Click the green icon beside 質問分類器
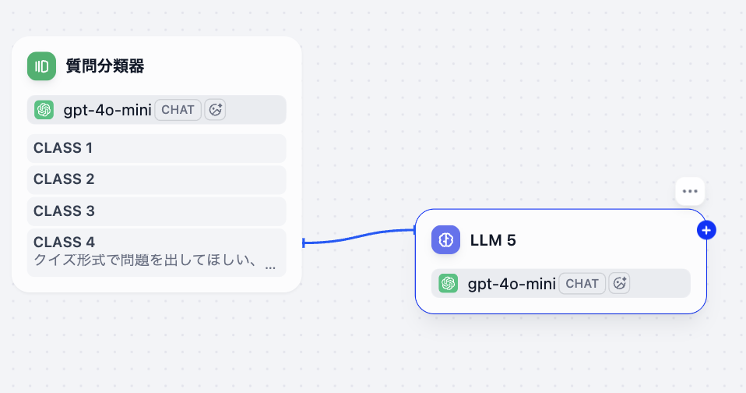[x=41, y=66]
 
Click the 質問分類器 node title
[x=104, y=66]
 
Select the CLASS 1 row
[x=157, y=148]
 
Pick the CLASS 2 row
[x=157, y=179]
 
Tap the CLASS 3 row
[x=157, y=211]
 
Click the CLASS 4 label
[x=64, y=242]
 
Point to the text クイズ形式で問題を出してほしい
[x=141, y=260]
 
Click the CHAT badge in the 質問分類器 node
[x=178, y=110]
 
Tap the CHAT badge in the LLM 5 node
[x=582, y=284]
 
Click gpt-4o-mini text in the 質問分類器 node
[x=107, y=110]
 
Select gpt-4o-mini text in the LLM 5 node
[x=512, y=284]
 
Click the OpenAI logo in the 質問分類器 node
[x=44, y=110]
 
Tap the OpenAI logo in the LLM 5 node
[x=449, y=283]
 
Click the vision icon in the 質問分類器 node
[x=215, y=110]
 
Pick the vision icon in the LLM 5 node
[x=619, y=284]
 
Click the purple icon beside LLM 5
[x=445, y=239]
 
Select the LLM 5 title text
[x=493, y=240]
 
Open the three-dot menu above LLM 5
[x=690, y=192]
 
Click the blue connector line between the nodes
[x=359, y=236]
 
